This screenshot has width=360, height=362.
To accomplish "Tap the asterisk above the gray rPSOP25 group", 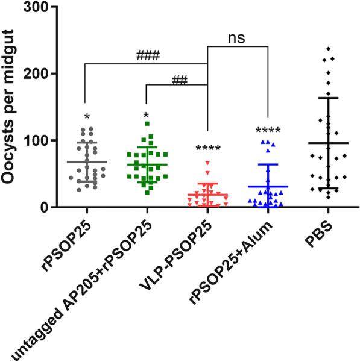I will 87,116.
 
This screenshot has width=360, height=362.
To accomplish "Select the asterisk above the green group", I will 147,115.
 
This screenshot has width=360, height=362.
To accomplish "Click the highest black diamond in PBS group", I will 328,49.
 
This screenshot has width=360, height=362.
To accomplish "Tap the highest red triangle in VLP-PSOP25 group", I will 207,163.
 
